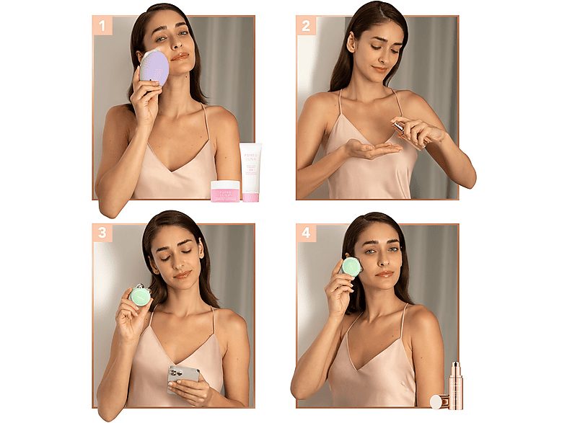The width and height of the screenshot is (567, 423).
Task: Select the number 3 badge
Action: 102,233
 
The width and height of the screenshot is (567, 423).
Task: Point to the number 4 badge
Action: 306,233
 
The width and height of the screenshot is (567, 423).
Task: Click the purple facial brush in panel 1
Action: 155,68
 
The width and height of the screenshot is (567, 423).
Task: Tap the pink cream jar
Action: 225,191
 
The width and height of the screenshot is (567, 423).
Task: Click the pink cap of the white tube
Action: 250,196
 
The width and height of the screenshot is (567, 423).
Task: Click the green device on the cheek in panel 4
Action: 351,267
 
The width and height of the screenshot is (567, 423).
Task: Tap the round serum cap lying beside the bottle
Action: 436,401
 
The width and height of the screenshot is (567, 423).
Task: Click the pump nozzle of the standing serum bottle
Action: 455,365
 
